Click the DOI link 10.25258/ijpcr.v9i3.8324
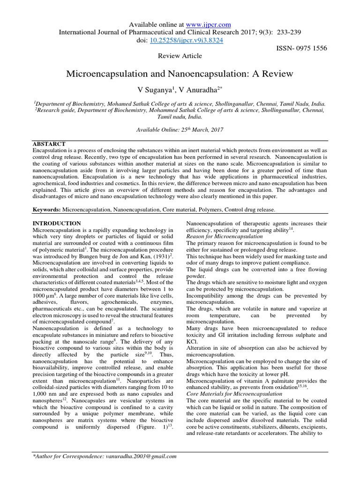[x=186, y=40]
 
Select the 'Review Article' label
[x=180, y=56]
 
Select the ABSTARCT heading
[x=49, y=143]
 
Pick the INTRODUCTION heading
[x=57, y=223]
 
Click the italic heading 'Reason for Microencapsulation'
[x=225, y=237]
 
